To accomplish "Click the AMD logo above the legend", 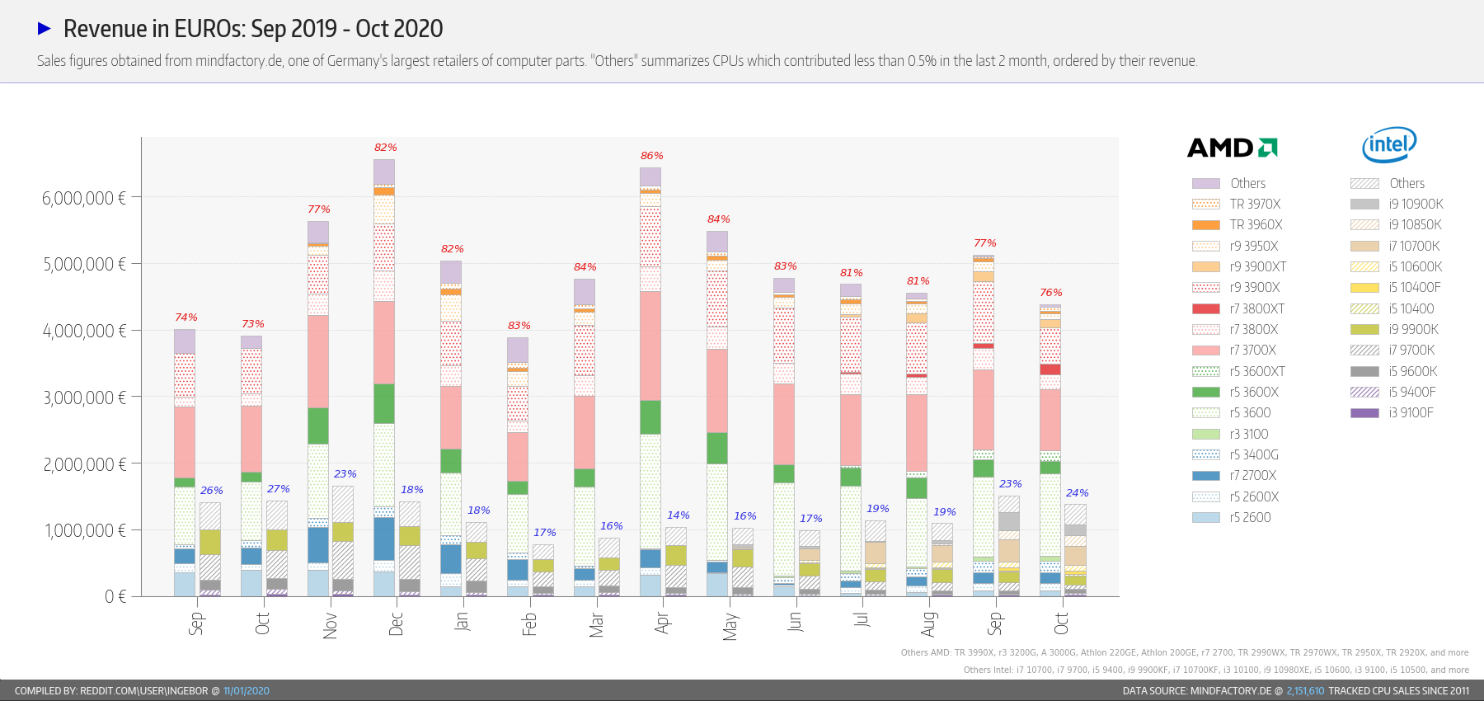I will click(x=1232, y=148).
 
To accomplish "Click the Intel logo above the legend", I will click(x=1389, y=145).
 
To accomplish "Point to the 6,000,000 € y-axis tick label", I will click(x=84, y=198).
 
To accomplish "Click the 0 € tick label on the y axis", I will click(x=115, y=596).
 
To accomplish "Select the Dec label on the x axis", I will click(x=396, y=623).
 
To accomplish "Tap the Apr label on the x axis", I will click(x=662, y=623).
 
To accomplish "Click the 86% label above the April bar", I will click(x=651, y=156).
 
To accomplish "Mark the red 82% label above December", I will click(x=385, y=148).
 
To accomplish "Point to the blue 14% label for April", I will click(x=678, y=515).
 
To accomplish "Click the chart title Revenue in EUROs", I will click(x=253, y=29).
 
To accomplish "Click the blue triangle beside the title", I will click(x=45, y=29).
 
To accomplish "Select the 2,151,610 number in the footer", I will click(x=1305, y=691).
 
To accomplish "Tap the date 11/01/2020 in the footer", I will click(x=246, y=691).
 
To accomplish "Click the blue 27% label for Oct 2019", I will click(x=278, y=489).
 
